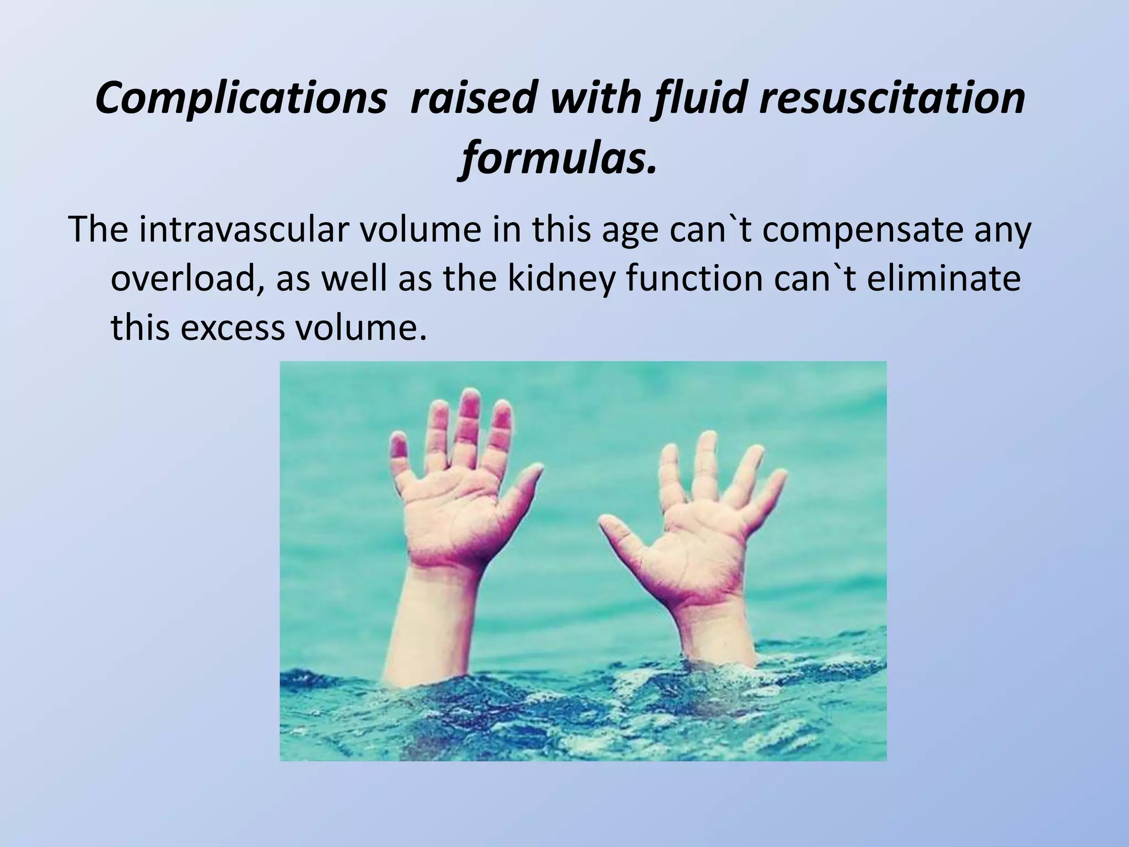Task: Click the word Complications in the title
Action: point(240,99)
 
